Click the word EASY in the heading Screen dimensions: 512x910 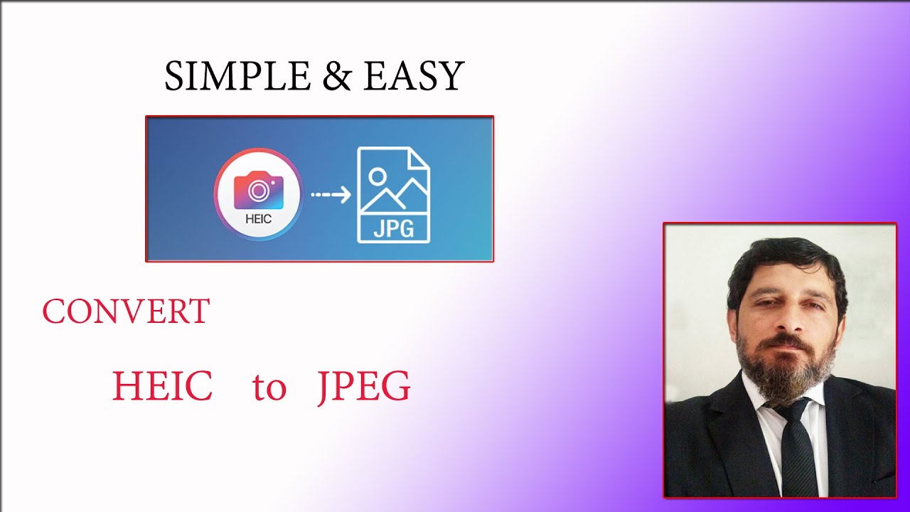pyautogui.click(x=413, y=76)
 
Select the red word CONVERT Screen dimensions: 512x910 pyautogui.click(x=126, y=312)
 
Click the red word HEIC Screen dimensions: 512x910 pyautogui.click(x=162, y=387)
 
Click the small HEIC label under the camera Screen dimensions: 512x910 pyautogui.click(x=258, y=219)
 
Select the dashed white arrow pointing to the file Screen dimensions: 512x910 pyautogui.click(x=331, y=194)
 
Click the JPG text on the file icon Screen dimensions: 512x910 pyautogui.click(x=393, y=229)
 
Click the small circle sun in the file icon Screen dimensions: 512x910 pyautogui.click(x=378, y=176)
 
